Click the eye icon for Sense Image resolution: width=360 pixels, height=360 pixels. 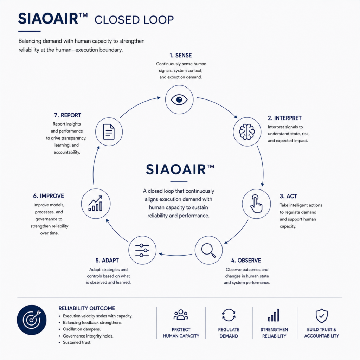179,99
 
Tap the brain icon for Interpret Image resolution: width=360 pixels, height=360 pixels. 247,132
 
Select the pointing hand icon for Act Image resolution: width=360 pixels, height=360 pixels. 256,204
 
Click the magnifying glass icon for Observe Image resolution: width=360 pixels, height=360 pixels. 208,250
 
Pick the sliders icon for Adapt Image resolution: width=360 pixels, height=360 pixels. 142,250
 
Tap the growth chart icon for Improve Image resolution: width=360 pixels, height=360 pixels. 96,204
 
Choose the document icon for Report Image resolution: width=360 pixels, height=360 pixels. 109,132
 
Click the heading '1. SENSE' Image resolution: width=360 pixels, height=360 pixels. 180,55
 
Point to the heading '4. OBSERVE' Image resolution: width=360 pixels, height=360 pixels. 246,261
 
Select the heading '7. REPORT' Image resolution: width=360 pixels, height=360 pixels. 67,115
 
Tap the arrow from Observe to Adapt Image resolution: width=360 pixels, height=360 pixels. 175,255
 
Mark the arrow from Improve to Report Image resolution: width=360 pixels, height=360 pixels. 94,165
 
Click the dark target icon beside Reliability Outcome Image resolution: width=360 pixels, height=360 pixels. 32,320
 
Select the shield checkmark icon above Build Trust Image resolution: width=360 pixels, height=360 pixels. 321,316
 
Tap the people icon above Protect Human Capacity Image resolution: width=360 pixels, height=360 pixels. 181,315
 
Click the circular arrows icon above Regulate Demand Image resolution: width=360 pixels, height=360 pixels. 229,315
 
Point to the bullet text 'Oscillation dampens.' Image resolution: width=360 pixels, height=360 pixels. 82,329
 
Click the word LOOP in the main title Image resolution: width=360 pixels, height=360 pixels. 159,20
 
